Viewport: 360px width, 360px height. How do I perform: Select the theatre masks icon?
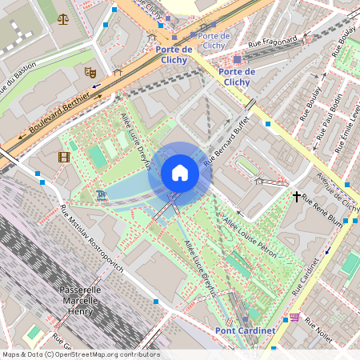(x=90, y=72)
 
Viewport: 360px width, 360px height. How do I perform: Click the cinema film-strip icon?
(x=63, y=156)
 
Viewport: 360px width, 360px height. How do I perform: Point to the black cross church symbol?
(x=296, y=195)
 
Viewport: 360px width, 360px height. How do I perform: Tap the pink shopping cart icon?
(x=294, y=317)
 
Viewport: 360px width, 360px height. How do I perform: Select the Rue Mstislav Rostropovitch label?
(x=91, y=238)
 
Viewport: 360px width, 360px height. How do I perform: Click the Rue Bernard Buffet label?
(x=233, y=139)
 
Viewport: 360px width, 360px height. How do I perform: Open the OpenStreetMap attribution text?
(x=80, y=354)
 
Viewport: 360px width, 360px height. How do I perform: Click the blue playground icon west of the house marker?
(x=100, y=194)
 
